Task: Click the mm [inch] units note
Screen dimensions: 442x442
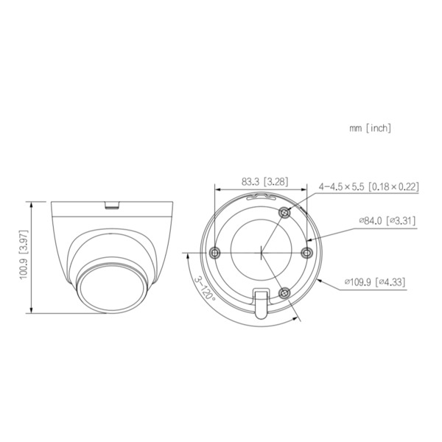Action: tap(370, 127)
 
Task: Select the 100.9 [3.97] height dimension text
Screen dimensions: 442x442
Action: tap(24, 256)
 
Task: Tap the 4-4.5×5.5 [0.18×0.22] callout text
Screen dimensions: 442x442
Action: tap(368, 187)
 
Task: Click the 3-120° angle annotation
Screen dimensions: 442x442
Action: tap(204, 289)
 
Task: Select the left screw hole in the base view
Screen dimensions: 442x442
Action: tap(214, 252)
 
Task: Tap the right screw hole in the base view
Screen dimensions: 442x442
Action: tap(308, 252)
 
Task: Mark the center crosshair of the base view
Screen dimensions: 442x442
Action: tap(262, 252)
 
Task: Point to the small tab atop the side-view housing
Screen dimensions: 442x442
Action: tap(112, 204)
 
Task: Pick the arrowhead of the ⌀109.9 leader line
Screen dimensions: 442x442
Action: tap(319, 279)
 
